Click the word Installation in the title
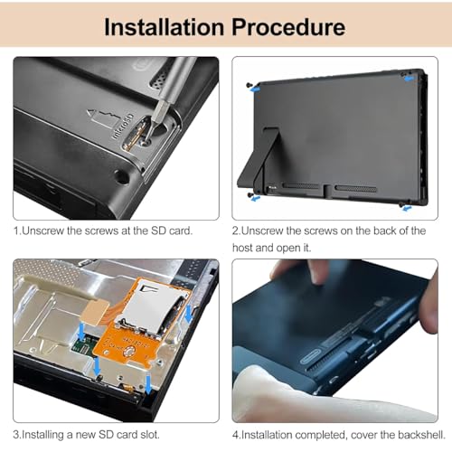(x=164, y=27)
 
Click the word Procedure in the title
(x=288, y=27)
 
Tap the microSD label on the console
(x=123, y=127)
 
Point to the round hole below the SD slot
(x=122, y=177)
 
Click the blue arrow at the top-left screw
(x=255, y=89)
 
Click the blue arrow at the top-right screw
(x=410, y=79)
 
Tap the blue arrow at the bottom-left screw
(x=256, y=198)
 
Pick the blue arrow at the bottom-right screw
(x=408, y=208)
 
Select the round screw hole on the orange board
(x=129, y=351)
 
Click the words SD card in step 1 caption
(x=171, y=231)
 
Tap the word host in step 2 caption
(x=242, y=248)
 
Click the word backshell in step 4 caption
(x=421, y=435)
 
